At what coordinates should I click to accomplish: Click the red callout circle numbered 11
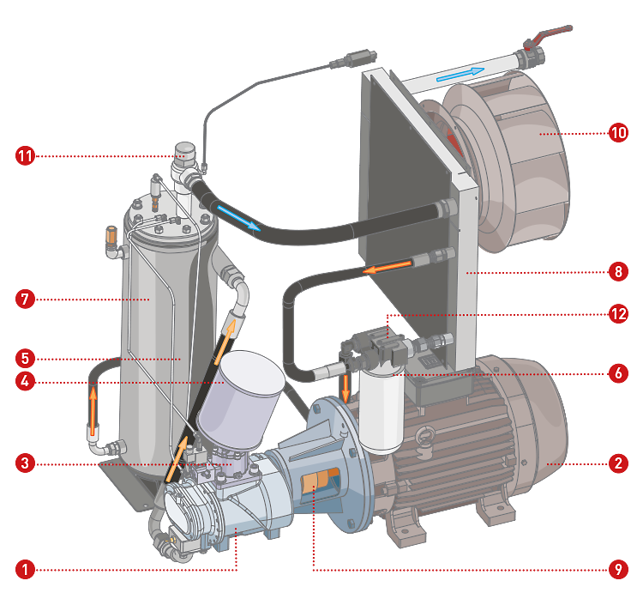[x=24, y=156]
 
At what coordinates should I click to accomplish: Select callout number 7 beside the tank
[x=24, y=299]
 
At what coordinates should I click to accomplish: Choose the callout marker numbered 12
[x=617, y=313]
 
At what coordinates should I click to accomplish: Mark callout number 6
[x=617, y=373]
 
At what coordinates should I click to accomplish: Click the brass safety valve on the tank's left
[x=111, y=236]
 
